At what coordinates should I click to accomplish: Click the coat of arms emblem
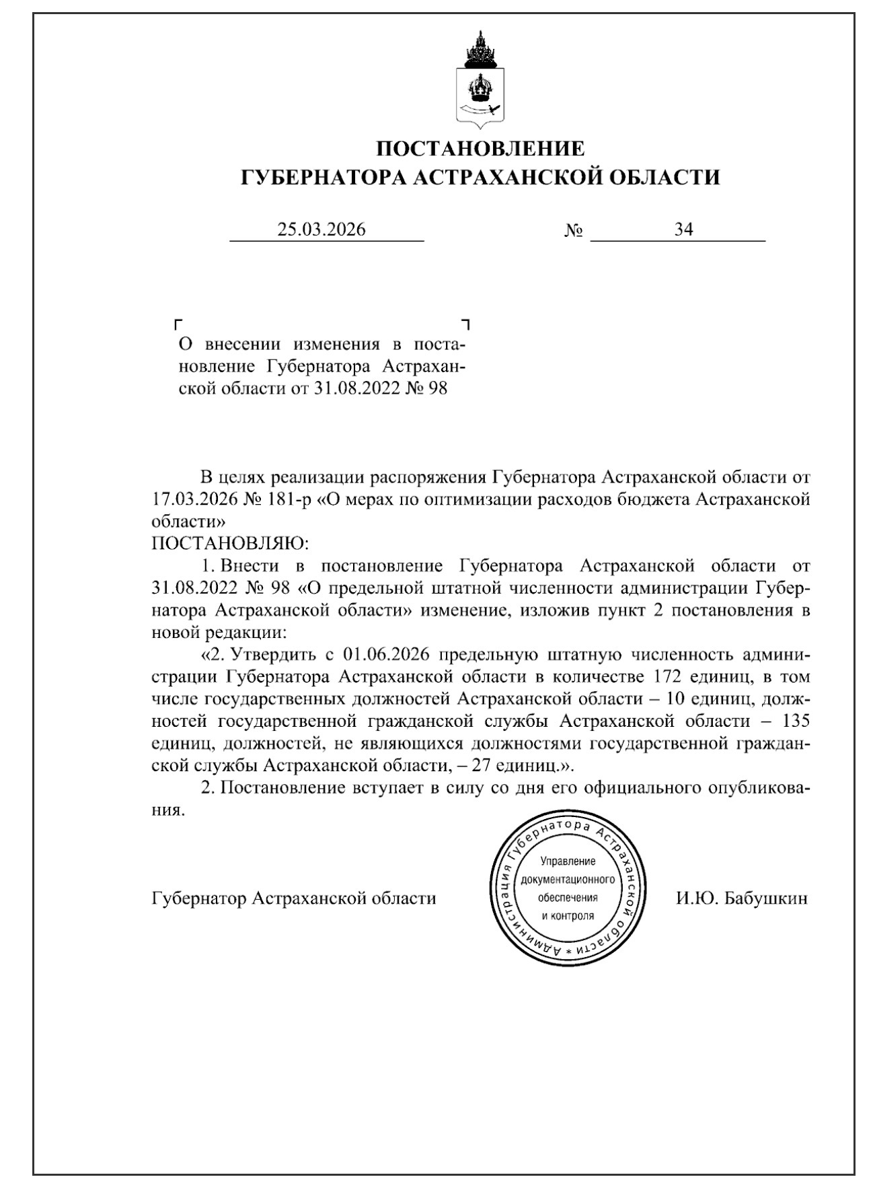pos(480,79)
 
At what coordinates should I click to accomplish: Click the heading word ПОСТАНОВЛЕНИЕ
pos(480,148)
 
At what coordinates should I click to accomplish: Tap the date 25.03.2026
pos(321,229)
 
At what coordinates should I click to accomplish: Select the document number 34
pos(684,229)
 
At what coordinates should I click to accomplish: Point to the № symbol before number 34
pos(574,231)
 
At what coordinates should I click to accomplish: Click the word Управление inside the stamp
pos(568,861)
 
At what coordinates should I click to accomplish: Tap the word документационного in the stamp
pos(568,880)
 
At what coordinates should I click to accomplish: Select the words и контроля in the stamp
pos(568,916)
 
